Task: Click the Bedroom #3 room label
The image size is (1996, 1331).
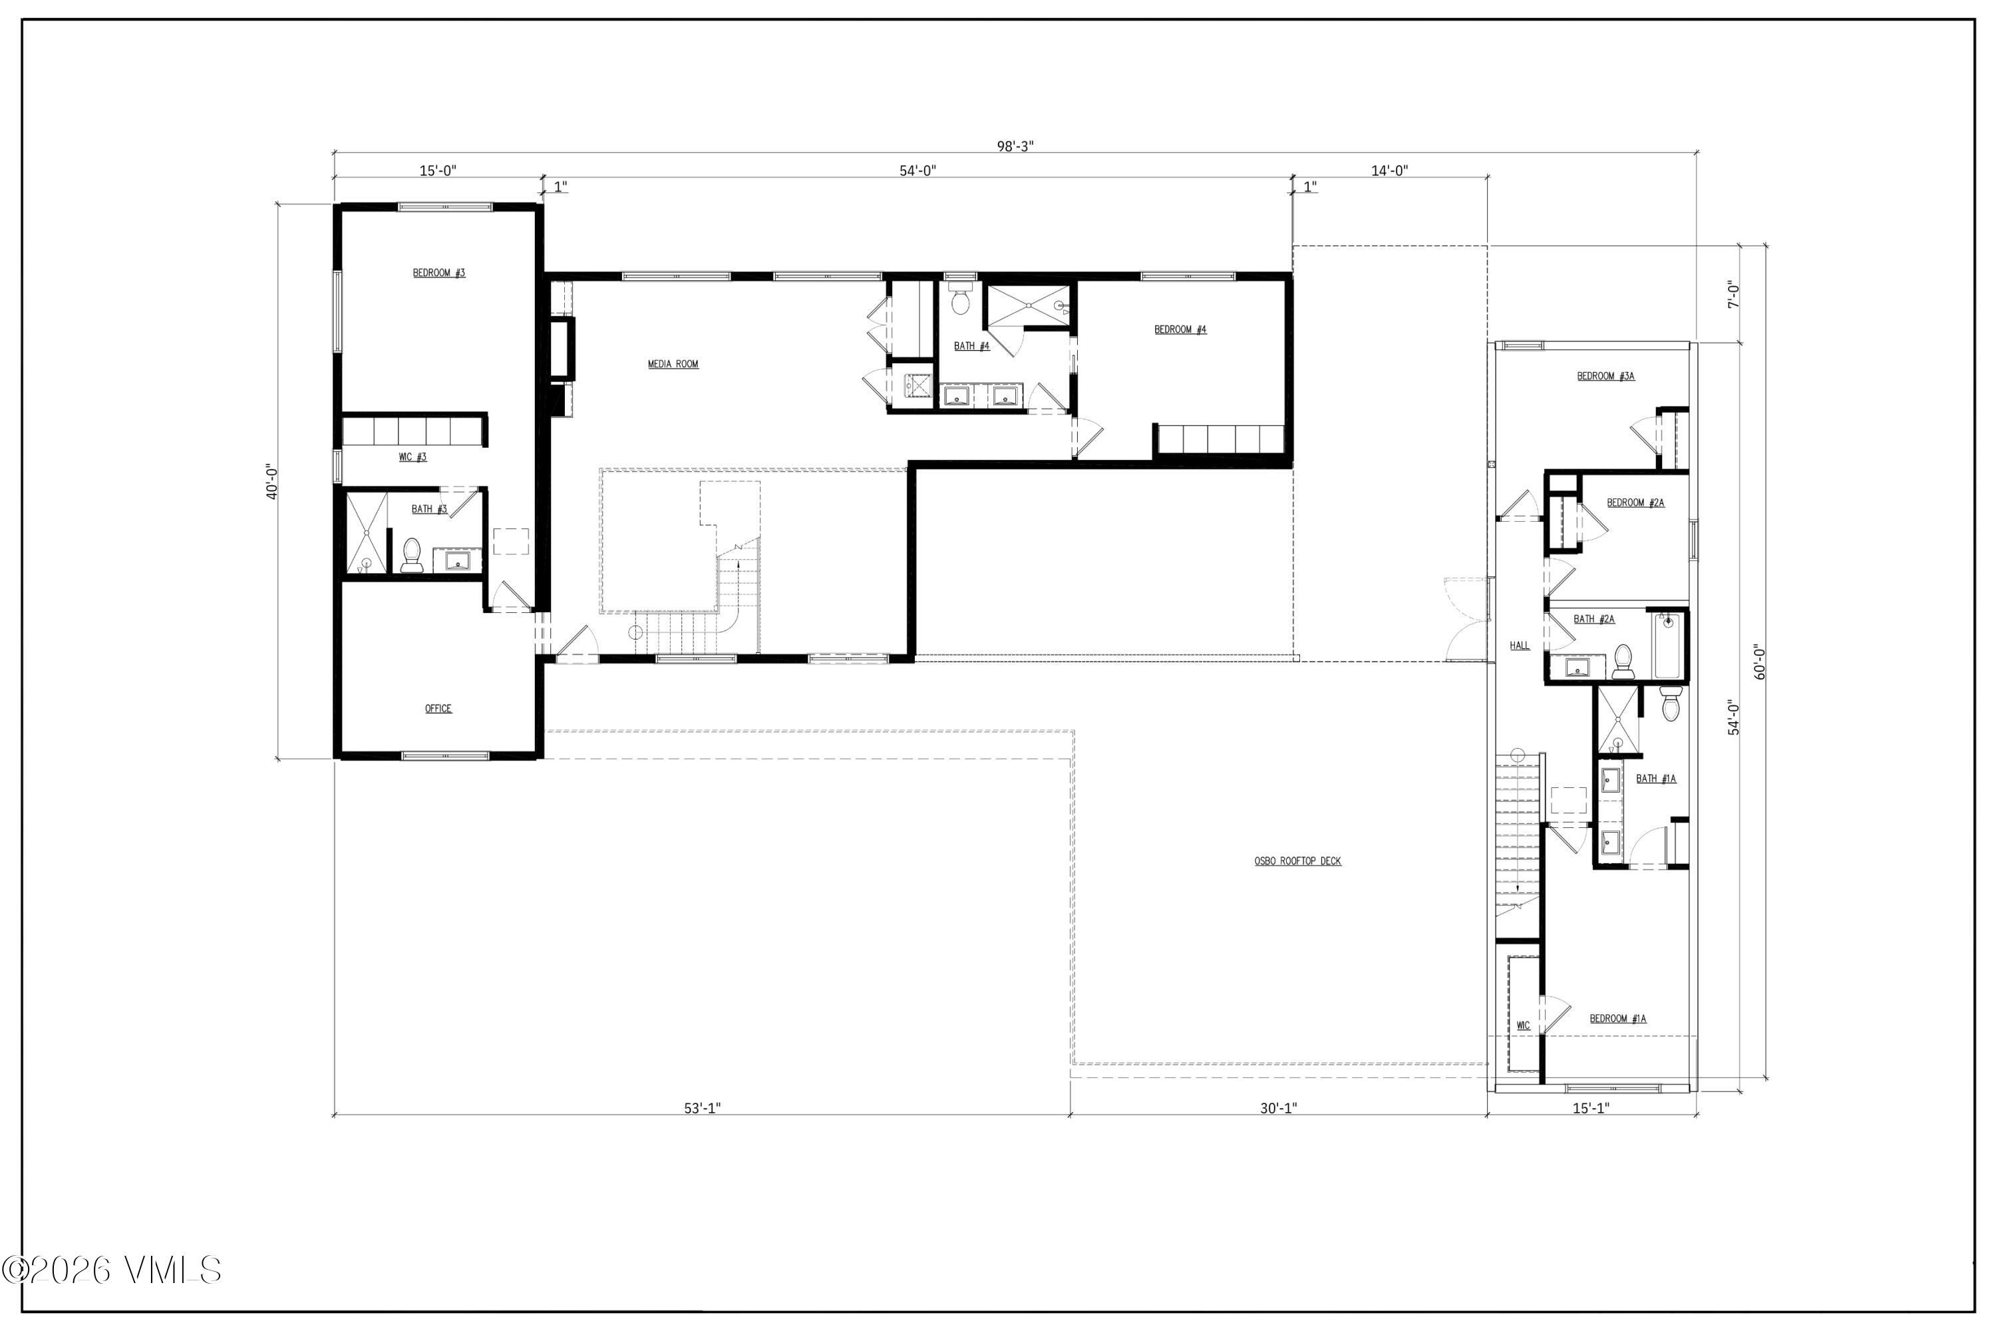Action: (x=438, y=274)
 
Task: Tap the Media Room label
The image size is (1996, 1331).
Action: (x=673, y=364)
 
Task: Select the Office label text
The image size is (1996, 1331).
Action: (x=438, y=709)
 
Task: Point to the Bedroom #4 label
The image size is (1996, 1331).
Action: (x=1180, y=329)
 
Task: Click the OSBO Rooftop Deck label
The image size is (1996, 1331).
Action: (x=1297, y=862)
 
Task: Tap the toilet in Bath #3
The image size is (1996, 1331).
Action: (x=412, y=555)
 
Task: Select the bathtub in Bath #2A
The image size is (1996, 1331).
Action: (x=1667, y=647)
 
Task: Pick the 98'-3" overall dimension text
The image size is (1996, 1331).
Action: (x=1015, y=146)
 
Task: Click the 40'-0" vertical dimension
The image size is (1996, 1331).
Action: (x=272, y=481)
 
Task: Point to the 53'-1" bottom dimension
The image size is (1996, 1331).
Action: (x=702, y=1108)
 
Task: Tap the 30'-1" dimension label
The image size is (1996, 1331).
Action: (x=1278, y=1108)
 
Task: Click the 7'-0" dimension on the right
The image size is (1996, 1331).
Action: (x=1734, y=295)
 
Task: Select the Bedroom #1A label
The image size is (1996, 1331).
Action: (x=1617, y=1019)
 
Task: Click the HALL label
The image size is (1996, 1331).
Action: (x=1519, y=646)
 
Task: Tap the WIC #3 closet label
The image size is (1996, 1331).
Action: (x=413, y=458)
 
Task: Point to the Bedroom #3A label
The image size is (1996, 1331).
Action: (x=1605, y=376)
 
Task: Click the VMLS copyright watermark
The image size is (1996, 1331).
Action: (x=112, y=1270)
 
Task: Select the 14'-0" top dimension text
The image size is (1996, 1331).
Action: (x=1389, y=170)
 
